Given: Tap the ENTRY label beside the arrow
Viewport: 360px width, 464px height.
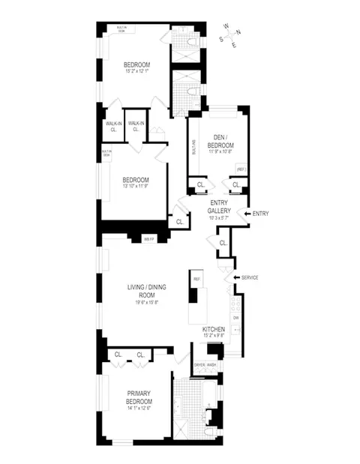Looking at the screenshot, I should coord(261,214).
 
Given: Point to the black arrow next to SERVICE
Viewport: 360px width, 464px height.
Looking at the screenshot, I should coord(238,278).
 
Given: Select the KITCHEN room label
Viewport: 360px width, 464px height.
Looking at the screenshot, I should coord(214,330).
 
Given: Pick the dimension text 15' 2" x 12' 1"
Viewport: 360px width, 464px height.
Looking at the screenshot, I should coord(139,71).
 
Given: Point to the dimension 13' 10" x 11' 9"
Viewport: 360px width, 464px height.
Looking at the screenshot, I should coord(136,187).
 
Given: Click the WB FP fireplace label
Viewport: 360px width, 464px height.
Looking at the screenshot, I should coord(148,239).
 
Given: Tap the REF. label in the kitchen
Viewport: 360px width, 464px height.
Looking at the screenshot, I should coord(196,279).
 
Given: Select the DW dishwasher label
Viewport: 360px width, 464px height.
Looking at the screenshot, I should coord(235,317).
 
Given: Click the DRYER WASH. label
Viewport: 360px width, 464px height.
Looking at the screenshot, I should coord(204,364).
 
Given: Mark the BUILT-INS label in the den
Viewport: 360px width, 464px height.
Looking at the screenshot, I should coord(194,148).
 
